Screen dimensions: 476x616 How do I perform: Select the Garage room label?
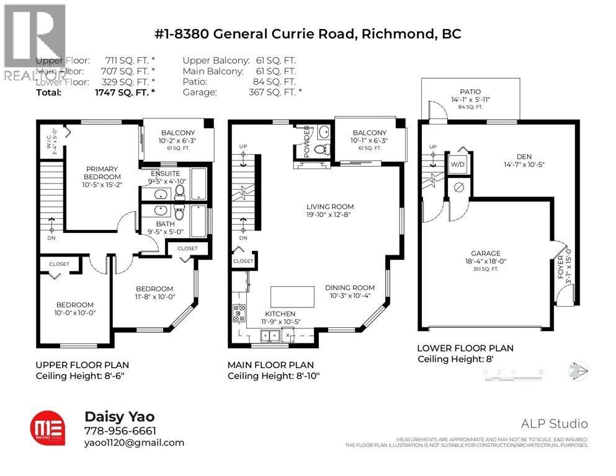point(485,253)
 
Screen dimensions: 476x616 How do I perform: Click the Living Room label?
point(330,207)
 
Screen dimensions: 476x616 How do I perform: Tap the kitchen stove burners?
point(238,314)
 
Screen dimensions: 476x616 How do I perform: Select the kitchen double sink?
point(269,337)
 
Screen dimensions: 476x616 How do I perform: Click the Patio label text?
point(462,92)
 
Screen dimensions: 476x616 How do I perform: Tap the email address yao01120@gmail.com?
point(133,443)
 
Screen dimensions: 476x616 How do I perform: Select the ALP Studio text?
point(555,424)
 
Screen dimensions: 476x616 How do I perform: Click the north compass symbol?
point(578,371)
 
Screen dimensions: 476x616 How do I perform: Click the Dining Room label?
point(350,288)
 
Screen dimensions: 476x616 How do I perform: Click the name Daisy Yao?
point(112,417)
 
